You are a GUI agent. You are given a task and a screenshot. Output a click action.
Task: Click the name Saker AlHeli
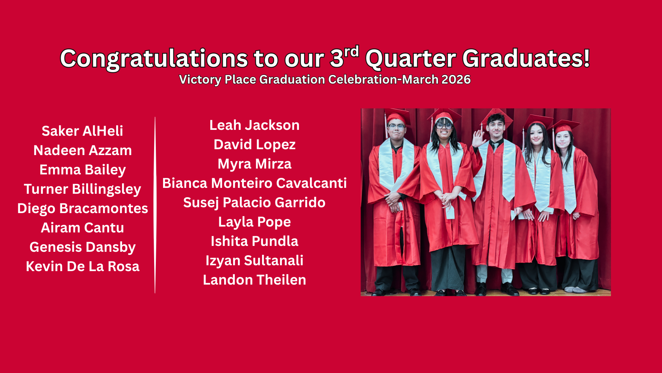click(x=82, y=131)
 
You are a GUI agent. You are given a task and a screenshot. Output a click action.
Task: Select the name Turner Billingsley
click(x=82, y=189)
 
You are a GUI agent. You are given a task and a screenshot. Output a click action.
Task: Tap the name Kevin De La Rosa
click(x=82, y=267)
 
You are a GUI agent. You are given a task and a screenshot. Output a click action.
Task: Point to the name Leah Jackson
click(x=254, y=125)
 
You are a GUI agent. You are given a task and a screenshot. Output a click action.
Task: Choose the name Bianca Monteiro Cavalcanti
click(x=254, y=183)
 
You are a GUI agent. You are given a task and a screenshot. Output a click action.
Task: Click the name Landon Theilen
click(x=254, y=280)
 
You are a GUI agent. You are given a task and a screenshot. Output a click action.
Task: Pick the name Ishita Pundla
click(x=254, y=241)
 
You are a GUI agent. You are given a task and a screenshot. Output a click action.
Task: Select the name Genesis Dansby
click(x=82, y=247)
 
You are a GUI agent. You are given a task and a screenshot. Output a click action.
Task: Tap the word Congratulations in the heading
click(x=154, y=59)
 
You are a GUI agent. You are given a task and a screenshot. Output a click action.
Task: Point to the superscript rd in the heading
click(x=351, y=52)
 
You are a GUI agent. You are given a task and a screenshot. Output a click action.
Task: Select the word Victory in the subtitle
click(x=200, y=80)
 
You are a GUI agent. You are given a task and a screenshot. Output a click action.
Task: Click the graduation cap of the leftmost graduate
click(x=397, y=116)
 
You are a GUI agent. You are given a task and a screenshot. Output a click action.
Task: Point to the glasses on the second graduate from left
click(x=444, y=125)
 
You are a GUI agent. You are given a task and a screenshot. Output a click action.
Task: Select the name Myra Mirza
click(x=254, y=164)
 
